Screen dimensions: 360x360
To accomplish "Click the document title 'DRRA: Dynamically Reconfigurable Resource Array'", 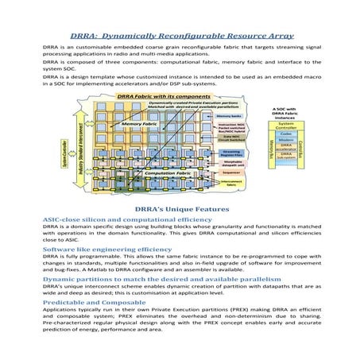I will pos(180,36).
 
